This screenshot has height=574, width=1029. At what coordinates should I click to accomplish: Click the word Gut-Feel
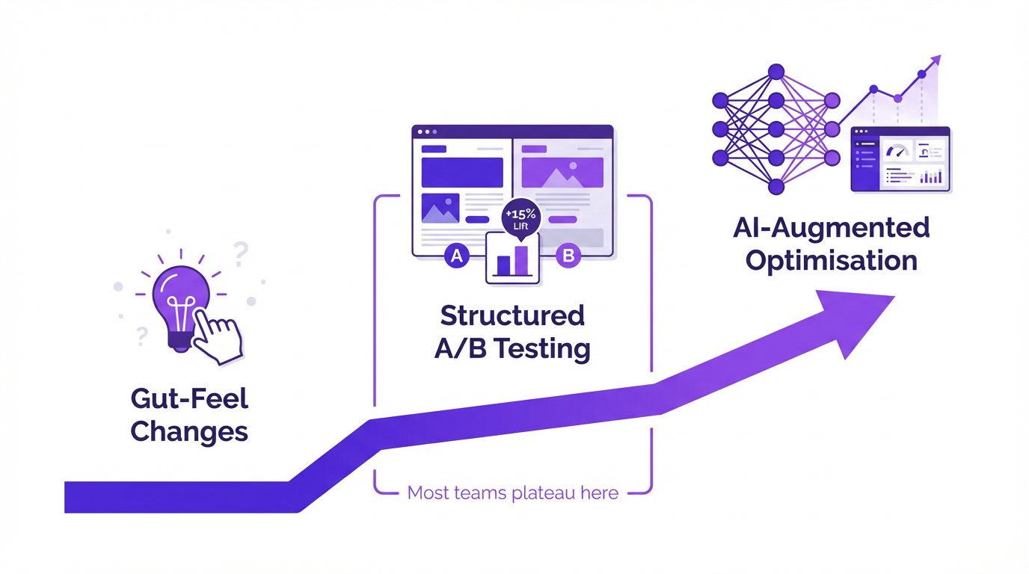coord(189,398)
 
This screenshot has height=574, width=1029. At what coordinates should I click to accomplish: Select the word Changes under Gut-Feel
coord(189,431)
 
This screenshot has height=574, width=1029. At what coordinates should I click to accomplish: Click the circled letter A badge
coord(455,256)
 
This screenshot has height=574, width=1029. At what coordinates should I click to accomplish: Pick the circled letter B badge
coord(568,256)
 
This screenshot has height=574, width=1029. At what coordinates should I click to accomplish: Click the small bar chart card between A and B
coord(513,259)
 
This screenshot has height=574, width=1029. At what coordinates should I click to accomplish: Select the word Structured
coord(512,315)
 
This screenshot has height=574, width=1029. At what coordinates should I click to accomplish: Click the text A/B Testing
coord(512,348)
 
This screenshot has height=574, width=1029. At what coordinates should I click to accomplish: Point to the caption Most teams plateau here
coord(512,493)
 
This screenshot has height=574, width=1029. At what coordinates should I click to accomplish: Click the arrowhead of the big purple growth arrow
coord(853,318)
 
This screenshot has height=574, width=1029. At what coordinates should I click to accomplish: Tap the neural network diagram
coord(775,129)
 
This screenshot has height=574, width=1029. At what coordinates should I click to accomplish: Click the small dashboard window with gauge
coord(900,159)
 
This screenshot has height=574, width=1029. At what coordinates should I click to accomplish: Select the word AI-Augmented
coord(831,228)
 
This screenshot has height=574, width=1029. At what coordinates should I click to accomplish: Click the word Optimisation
coord(831,261)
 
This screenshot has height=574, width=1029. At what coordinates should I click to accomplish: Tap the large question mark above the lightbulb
coord(240,254)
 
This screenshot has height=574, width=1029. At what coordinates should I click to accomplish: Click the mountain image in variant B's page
coord(562,173)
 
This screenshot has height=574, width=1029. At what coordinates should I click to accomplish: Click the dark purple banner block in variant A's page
coord(452,172)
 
